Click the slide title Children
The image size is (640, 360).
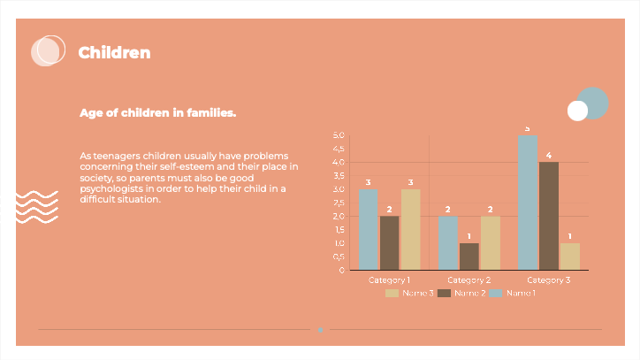[114, 53]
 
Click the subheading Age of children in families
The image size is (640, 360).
[157, 113]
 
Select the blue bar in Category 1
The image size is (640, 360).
[368, 229]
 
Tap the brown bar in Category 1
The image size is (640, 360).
[389, 242]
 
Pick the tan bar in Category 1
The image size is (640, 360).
[410, 229]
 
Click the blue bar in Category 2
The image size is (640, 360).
[447, 242]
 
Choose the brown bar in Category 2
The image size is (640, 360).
[469, 256]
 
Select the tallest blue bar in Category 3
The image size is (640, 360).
[527, 203]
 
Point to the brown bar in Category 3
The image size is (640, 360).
[548, 216]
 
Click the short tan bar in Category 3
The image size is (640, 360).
[570, 256]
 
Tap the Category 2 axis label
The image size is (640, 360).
[469, 280]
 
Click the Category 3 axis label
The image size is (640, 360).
[548, 280]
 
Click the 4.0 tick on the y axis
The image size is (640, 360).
[339, 162]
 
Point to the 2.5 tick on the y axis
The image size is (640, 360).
[339, 203]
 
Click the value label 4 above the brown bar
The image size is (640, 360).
[548, 156]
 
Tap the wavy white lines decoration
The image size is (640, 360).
[38, 207]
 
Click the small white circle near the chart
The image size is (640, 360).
[577, 111]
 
